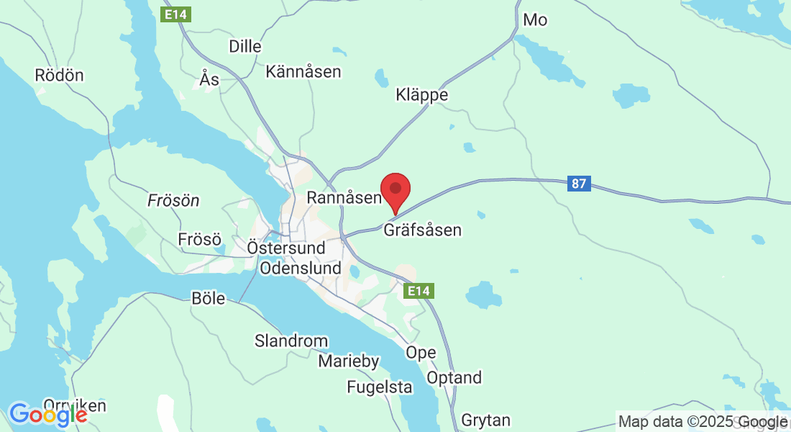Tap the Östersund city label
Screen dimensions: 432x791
click(286, 248)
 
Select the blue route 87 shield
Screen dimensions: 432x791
click(579, 184)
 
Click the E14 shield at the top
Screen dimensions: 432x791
click(176, 14)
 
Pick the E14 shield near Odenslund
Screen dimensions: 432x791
click(419, 291)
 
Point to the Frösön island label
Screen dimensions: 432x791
click(173, 201)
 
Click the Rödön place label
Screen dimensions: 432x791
click(59, 75)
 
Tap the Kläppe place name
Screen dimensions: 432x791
click(422, 95)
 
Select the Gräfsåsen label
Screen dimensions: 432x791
click(422, 230)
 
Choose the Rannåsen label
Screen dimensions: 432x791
click(343, 197)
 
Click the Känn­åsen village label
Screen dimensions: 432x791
click(303, 72)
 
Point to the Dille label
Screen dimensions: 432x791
click(245, 46)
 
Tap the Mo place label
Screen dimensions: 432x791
click(535, 20)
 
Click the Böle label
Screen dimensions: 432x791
click(209, 298)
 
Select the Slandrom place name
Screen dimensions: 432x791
click(291, 341)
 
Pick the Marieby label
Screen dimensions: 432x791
click(349, 361)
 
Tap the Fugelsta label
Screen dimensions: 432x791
click(380, 387)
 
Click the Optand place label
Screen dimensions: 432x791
click(454, 378)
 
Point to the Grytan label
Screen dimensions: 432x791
click(486, 420)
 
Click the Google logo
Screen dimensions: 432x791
click(48, 415)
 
